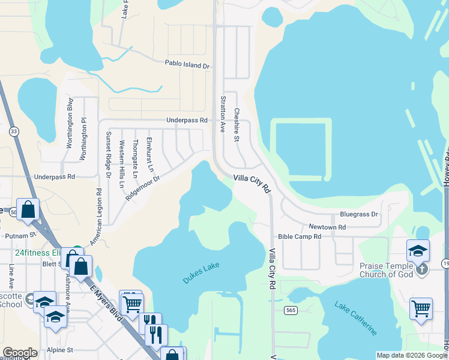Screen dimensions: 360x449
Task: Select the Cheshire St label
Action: [237, 125]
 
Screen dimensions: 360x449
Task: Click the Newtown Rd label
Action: [327, 227]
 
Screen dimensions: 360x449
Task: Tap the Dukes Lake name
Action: [201, 273]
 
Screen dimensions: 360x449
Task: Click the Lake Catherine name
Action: [357, 319]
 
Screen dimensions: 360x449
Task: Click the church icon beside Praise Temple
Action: [422, 269]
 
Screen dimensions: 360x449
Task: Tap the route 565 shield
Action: [291, 310]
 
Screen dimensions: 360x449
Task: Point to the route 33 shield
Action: [13, 131]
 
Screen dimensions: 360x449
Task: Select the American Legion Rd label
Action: [96, 217]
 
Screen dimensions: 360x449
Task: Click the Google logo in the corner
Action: [20, 353]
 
